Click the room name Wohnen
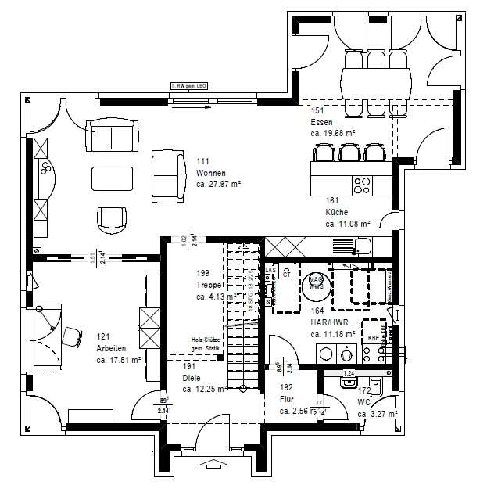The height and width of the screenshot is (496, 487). point(211,173)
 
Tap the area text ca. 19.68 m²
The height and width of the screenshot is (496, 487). point(333,134)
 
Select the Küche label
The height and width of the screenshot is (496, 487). point(337,212)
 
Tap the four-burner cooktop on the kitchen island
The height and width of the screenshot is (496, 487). point(363,185)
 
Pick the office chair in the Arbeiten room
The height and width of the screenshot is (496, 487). point(72,336)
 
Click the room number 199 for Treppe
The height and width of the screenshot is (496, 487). point(203,273)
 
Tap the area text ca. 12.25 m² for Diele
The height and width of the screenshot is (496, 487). point(205,389)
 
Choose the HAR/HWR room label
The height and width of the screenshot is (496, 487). point(328,322)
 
